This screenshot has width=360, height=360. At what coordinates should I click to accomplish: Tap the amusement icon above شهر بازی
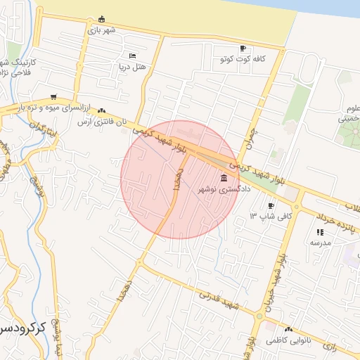pyautogui.click(x=102, y=19)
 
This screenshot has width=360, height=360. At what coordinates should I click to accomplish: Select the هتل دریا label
pyautogui.click(x=130, y=66)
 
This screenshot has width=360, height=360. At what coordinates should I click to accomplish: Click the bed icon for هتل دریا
pyautogui.click(x=133, y=56)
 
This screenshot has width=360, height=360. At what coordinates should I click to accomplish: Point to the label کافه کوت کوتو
pyautogui.click(x=243, y=59)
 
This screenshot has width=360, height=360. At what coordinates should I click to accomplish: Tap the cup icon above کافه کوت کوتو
pyautogui.click(x=243, y=49)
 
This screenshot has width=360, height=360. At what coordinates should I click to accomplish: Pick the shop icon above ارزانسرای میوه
pyautogui.click(x=54, y=97)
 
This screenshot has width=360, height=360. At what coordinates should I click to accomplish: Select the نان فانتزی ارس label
pyautogui.click(x=103, y=122)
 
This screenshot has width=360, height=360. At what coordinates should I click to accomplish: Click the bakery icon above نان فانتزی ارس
pyautogui.click(x=103, y=110)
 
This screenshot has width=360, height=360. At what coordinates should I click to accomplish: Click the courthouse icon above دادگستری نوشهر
pyautogui.click(x=224, y=178)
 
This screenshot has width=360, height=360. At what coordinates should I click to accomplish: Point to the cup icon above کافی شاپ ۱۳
pyautogui.click(x=271, y=205)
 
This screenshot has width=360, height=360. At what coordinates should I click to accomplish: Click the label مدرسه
pyautogui.click(x=320, y=242)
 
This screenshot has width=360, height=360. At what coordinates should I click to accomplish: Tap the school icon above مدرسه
pyautogui.click(x=320, y=231)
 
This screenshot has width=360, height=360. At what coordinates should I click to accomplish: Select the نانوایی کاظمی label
pyautogui.click(x=288, y=340)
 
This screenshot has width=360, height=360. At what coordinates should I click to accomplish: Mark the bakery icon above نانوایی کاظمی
pyautogui.click(x=288, y=329)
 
